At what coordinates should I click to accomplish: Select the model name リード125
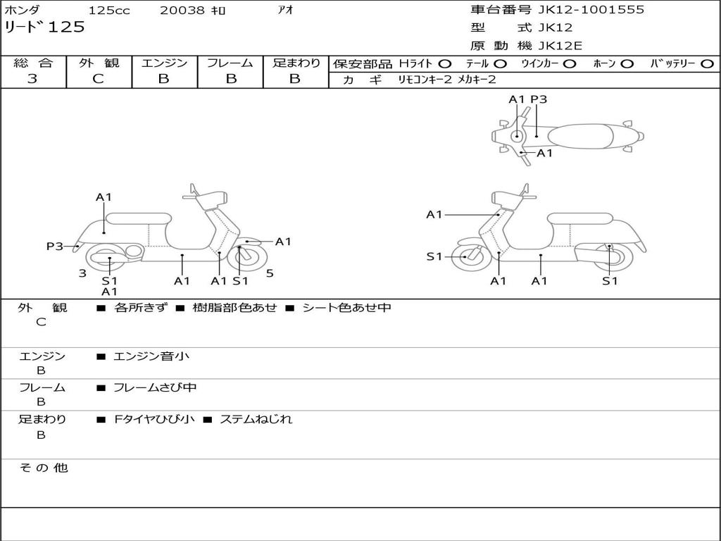44,27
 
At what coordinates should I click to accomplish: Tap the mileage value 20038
182,11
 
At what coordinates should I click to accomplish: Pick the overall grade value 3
32,79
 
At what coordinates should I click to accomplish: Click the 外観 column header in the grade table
99,63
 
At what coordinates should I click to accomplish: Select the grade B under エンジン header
163,79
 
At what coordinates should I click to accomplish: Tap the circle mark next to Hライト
444,64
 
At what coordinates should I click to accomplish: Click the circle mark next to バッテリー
708,64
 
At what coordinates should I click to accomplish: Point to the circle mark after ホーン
627,64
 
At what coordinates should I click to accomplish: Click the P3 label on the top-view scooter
539,99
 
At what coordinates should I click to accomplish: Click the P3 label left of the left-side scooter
55,247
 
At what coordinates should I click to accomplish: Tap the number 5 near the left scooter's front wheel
270,273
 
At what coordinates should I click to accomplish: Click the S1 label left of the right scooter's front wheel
434,256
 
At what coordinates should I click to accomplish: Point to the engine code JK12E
560,46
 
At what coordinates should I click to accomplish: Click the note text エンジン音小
151,356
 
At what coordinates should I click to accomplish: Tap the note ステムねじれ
256,419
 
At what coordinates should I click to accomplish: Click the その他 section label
43,468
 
